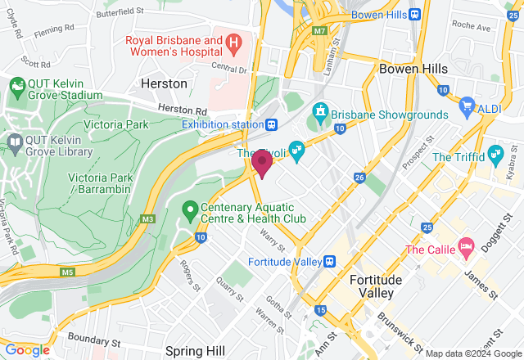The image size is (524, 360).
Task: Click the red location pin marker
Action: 262,163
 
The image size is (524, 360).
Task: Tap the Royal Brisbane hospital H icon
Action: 233,41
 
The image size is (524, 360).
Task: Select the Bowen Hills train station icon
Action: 415,14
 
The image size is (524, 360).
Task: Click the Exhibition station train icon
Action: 271,124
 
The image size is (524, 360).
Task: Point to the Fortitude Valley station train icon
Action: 330,261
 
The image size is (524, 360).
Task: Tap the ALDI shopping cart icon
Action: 467,105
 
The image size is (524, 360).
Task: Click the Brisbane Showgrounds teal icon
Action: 321,110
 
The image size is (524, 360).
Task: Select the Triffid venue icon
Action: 495,153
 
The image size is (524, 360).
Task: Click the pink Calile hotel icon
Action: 466,245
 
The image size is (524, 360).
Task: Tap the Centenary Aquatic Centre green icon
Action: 190,211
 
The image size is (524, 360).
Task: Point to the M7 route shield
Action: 318,31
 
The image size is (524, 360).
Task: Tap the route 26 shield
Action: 359,177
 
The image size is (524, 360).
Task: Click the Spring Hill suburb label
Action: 195,351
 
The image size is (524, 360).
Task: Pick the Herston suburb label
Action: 164,83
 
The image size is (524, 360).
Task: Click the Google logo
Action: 27,350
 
